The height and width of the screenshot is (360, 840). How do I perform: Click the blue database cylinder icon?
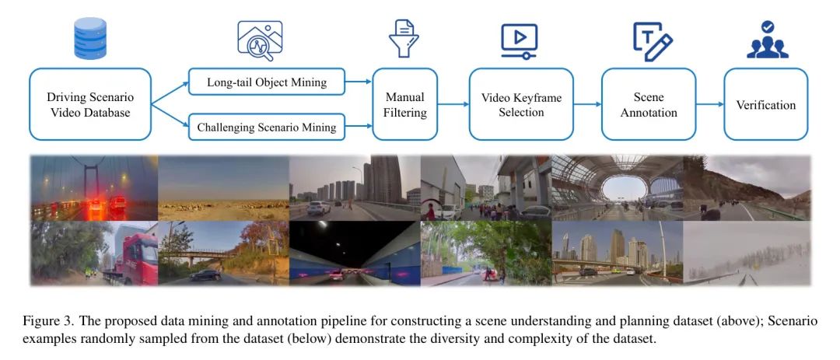[90, 38]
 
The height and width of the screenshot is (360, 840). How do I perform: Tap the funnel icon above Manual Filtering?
[404, 38]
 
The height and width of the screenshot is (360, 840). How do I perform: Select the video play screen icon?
[519, 40]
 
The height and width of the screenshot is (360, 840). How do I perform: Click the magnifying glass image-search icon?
[260, 40]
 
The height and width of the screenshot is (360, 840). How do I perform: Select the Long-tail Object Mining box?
[267, 82]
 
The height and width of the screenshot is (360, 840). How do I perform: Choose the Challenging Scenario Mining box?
[267, 127]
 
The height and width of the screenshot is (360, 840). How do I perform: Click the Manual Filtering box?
[405, 104]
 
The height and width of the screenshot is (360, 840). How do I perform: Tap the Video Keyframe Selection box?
[521, 104]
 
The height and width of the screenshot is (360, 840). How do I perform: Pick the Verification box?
[765, 104]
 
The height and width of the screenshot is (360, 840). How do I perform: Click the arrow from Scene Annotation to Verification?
[710, 104]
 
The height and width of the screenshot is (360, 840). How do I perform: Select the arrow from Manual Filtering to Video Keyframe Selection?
[453, 104]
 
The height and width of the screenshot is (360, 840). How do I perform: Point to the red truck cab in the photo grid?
[140, 259]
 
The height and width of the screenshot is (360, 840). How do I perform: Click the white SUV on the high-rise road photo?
[318, 208]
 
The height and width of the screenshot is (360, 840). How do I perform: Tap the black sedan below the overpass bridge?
[205, 274]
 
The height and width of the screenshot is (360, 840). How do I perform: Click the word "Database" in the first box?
[111, 113]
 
